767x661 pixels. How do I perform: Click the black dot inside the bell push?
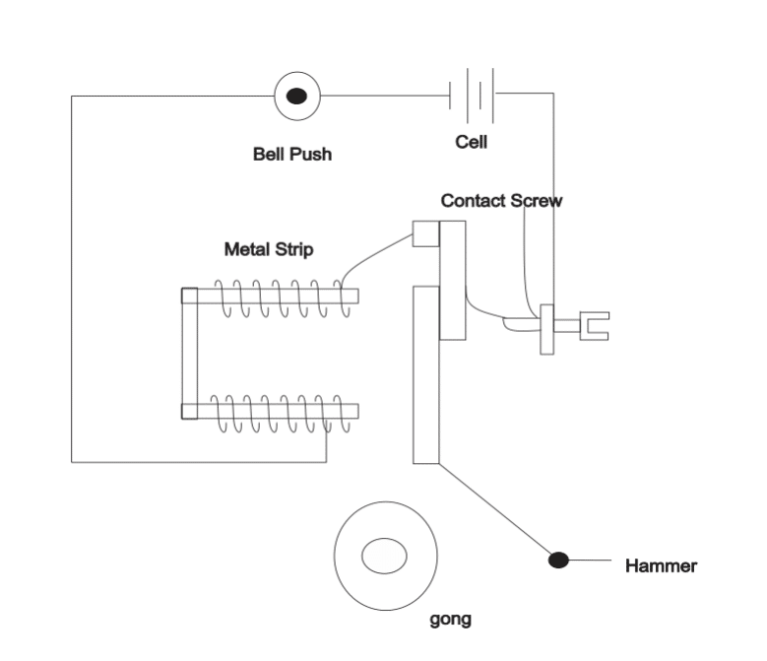(296, 96)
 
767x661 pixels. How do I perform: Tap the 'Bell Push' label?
(292, 154)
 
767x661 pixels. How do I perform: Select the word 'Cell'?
(471, 142)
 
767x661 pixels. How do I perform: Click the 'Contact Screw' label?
(501, 201)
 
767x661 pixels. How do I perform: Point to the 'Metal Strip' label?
(269, 249)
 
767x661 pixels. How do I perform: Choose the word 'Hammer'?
(661, 566)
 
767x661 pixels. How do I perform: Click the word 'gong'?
(451, 620)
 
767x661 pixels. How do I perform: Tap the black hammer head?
(558, 560)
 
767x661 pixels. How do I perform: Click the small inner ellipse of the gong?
(384, 556)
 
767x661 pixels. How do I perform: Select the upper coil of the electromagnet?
(283, 297)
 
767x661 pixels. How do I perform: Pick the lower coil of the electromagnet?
(281, 414)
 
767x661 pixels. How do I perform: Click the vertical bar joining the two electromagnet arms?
(190, 354)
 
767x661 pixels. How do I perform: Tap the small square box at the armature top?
(426, 233)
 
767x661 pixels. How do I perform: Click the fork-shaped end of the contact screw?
(595, 326)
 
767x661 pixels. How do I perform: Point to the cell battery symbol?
(472, 96)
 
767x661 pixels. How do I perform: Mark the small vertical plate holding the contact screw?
(546, 329)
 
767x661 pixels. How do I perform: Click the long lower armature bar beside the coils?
(426, 374)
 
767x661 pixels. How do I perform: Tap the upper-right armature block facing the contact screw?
(453, 281)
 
